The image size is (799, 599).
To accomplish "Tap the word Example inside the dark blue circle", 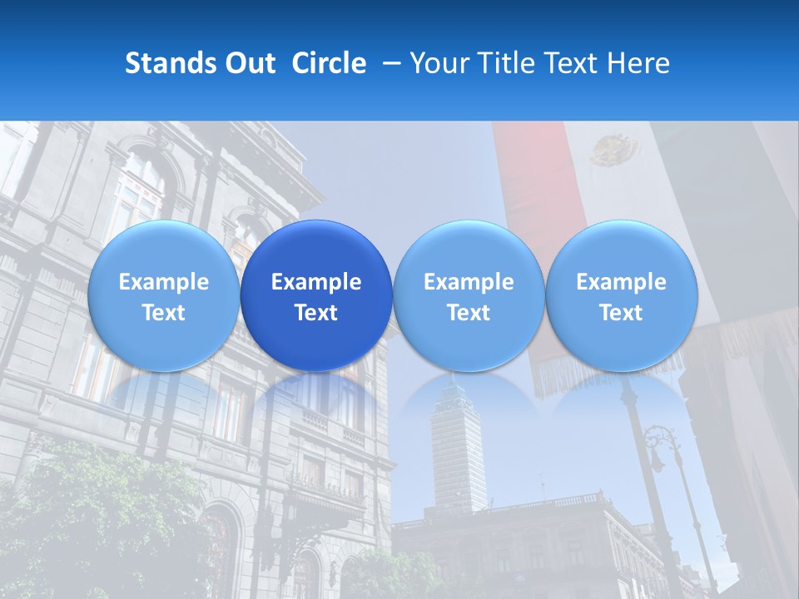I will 316,282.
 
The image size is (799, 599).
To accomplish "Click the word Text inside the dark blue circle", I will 316,313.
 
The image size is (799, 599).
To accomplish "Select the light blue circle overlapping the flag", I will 621,295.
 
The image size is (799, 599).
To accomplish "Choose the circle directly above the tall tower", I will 469,295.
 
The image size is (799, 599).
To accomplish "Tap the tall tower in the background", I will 458,449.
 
